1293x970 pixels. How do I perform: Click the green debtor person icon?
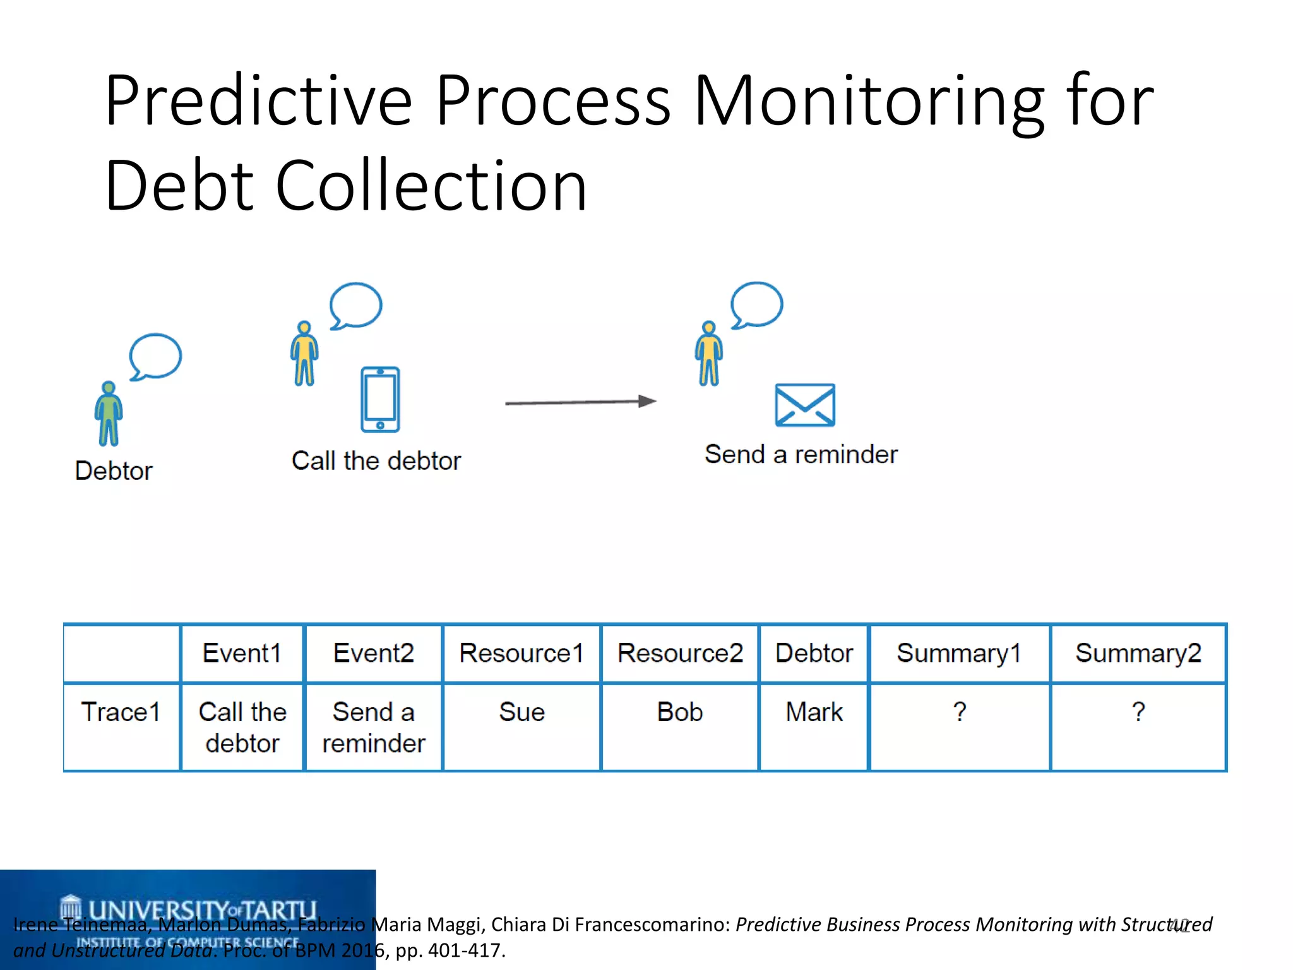coord(109,414)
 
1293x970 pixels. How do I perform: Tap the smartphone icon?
coord(380,399)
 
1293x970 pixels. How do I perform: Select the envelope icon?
coord(805,405)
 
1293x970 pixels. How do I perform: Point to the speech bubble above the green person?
coord(155,357)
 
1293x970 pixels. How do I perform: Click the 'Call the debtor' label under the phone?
coord(376,461)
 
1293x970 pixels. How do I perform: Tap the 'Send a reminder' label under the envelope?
coord(801,455)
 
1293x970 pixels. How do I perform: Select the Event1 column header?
coord(242,653)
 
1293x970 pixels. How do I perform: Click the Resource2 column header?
coord(680,653)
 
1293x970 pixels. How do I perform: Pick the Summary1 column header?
coord(958,653)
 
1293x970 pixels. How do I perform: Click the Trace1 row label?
coord(121,712)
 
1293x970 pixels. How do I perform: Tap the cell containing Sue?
coord(521,712)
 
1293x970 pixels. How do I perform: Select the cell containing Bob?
coord(679,712)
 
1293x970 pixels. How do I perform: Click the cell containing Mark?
coord(814,712)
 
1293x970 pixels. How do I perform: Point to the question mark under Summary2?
coord(1138,712)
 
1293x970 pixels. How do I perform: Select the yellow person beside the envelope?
coord(708,354)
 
